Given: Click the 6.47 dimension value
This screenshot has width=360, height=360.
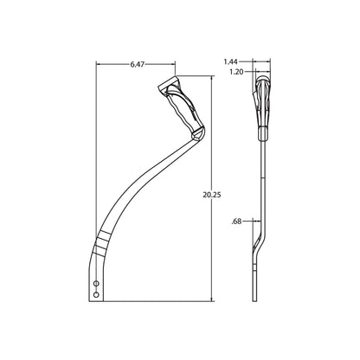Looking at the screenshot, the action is click(x=137, y=65).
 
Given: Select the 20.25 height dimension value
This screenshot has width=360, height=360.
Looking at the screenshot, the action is click(x=211, y=195).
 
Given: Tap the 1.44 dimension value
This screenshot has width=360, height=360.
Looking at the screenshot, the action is click(x=231, y=61).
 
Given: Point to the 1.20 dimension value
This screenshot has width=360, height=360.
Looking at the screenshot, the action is click(x=236, y=72).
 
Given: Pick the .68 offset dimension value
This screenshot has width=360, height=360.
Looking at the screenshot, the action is click(x=236, y=222).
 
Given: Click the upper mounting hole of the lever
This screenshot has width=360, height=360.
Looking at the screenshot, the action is click(x=96, y=284).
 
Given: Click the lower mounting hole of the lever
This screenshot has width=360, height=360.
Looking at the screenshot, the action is click(x=96, y=294).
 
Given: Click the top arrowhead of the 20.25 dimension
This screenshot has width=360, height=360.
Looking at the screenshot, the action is click(x=213, y=79).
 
